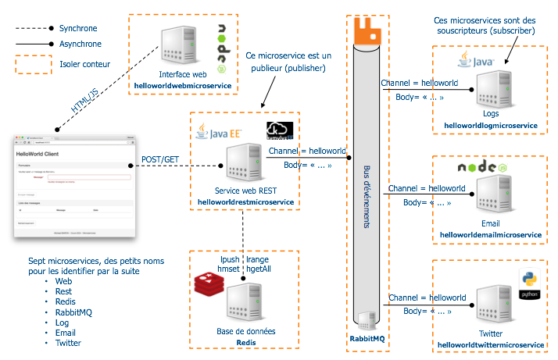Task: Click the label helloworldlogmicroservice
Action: (x=491, y=125)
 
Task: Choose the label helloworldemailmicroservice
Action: (x=491, y=234)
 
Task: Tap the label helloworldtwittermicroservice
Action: (x=491, y=344)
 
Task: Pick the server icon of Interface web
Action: (x=176, y=45)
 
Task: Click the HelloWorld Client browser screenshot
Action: (x=70, y=187)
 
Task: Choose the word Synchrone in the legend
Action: (x=79, y=28)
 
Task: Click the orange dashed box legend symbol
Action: (x=30, y=63)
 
